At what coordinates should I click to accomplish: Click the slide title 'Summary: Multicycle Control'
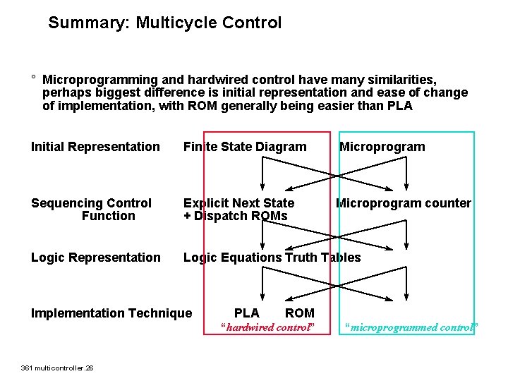(164, 23)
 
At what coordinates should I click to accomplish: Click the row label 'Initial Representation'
(95, 147)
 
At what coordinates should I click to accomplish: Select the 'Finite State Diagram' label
(245, 147)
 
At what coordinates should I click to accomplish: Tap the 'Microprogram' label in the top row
(382, 147)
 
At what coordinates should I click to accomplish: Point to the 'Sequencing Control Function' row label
(92, 210)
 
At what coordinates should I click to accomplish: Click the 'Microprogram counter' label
(403, 203)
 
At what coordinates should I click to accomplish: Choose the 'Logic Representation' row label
(95, 258)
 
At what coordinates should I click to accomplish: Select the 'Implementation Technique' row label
(111, 313)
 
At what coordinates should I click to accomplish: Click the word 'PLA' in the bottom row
(246, 313)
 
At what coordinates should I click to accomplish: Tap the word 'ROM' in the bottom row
(300, 313)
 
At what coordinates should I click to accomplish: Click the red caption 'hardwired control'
(267, 327)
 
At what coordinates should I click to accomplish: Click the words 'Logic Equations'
(232, 258)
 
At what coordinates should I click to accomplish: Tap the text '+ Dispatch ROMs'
(236, 216)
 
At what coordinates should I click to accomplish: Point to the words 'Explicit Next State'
(238, 203)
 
